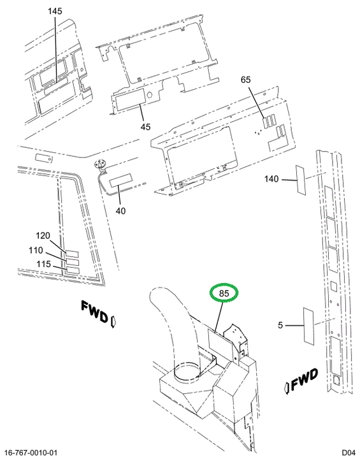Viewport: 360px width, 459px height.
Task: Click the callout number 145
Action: (x=55, y=11)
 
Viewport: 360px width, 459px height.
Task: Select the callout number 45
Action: (x=145, y=127)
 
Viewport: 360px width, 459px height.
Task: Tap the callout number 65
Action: (x=246, y=80)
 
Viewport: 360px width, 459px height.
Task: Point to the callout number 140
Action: (x=271, y=178)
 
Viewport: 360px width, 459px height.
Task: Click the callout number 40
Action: (x=120, y=211)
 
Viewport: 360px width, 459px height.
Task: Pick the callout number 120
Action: (x=43, y=235)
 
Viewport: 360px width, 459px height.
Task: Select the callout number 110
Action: (x=36, y=251)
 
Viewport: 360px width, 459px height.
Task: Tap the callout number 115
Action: (x=43, y=264)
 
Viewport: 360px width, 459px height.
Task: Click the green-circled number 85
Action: (x=224, y=293)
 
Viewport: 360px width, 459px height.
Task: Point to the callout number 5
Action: (x=280, y=325)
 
